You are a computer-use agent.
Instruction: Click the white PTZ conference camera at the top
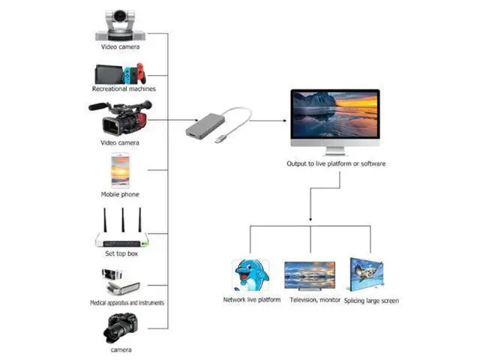coord(120,25)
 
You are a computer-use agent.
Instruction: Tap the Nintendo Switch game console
coord(120,73)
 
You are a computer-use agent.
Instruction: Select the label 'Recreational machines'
coord(124,88)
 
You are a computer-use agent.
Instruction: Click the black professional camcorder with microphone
coord(120,118)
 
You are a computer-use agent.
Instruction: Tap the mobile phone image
coord(120,170)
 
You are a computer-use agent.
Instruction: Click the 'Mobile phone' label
coord(120,194)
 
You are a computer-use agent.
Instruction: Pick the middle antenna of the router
coord(123,220)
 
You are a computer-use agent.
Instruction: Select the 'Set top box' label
coord(121,253)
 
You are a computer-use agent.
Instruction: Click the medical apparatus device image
coord(121,282)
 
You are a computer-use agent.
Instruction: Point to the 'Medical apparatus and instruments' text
coord(127,303)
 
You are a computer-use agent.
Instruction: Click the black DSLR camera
coord(120,328)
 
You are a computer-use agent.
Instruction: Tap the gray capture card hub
coord(205,125)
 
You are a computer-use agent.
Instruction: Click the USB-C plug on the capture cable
coord(219,139)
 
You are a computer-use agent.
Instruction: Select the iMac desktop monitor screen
coord(335,114)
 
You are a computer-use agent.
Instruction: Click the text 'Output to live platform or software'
coord(336,163)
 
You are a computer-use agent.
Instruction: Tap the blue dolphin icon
coord(251,275)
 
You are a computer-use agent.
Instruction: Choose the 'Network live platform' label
coord(252,300)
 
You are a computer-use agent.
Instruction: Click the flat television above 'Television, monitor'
coord(310,276)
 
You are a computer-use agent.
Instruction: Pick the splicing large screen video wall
coord(367,274)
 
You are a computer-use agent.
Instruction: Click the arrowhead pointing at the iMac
coord(285,121)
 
